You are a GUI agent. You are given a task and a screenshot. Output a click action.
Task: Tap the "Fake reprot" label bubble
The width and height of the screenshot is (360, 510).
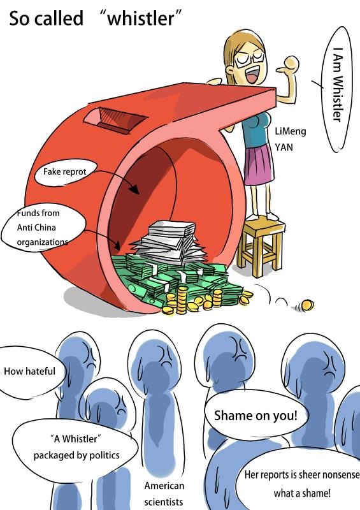tap(66, 171)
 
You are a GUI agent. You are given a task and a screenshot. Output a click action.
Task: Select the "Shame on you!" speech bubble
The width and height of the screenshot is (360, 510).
tap(256, 416)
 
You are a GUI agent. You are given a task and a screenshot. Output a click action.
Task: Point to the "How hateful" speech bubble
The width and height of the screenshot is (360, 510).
tap(31, 372)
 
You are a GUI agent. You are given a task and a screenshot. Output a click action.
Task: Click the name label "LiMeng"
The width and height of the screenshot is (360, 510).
tap(290, 131)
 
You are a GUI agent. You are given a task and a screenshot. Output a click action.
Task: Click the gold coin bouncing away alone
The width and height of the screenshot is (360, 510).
tap(306, 305)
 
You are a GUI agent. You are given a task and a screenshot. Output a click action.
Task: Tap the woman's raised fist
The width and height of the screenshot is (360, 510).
tap(291, 63)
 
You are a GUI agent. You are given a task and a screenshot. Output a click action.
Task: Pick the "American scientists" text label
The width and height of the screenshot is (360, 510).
tap(164, 493)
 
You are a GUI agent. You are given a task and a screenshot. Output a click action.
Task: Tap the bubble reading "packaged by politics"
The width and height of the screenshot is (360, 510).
tap(75, 447)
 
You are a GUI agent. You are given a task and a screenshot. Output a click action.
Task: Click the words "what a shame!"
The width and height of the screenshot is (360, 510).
tap(302, 493)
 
